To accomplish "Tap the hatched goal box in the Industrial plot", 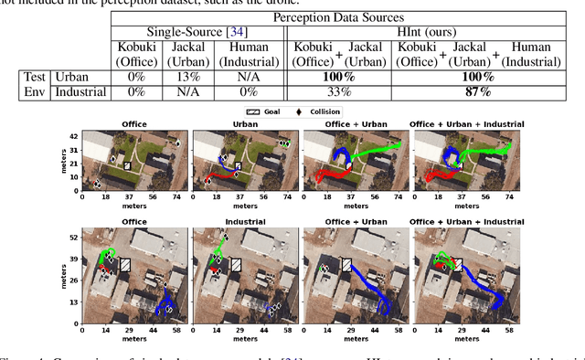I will [237, 265].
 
